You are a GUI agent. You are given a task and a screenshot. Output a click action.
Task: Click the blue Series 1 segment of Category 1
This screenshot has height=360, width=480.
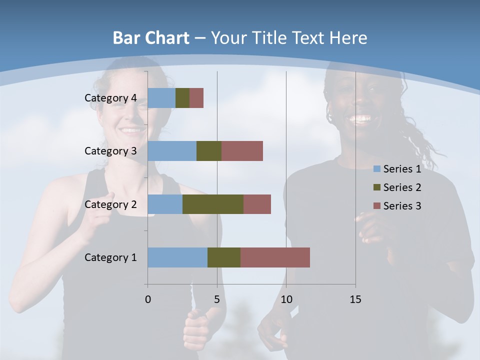[177, 257]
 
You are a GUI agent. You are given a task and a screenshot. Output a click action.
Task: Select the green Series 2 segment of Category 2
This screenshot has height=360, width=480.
[213, 204]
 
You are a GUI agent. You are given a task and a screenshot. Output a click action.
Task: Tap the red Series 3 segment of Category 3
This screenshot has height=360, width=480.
[242, 151]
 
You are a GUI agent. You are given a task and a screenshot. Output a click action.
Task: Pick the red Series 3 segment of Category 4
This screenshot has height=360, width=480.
[196, 98]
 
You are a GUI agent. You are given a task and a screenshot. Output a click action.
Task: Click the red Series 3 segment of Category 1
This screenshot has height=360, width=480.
[275, 257]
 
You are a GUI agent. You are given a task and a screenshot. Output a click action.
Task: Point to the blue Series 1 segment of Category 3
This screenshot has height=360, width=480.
[172, 151]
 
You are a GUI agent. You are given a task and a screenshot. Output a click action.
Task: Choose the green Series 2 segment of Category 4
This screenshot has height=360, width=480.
[182, 98]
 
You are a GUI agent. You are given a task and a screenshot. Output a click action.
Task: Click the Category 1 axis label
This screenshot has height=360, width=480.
[110, 257]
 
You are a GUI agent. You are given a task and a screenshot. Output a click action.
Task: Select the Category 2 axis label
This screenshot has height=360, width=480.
[110, 204]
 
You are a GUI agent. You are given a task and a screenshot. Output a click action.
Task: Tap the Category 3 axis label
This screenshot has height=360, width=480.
[110, 151]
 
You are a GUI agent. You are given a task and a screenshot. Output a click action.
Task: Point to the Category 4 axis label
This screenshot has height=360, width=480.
[110, 98]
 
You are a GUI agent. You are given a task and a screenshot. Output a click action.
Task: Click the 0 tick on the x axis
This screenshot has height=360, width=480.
[148, 299]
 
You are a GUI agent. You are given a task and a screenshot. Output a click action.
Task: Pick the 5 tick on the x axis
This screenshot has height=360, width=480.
[217, 299]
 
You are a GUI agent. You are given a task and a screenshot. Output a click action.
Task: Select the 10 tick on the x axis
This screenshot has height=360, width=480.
[286, 299]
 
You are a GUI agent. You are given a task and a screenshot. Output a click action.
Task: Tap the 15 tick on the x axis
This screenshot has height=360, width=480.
[355, 299]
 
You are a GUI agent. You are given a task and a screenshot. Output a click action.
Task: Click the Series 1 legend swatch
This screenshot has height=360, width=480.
[377, 169]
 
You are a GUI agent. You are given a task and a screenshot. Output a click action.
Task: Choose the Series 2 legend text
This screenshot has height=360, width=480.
[402, 187]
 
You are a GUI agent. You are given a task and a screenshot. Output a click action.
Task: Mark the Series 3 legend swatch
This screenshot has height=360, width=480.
[377, 206]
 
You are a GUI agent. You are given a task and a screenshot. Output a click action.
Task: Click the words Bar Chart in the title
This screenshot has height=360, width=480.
[150, 38]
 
